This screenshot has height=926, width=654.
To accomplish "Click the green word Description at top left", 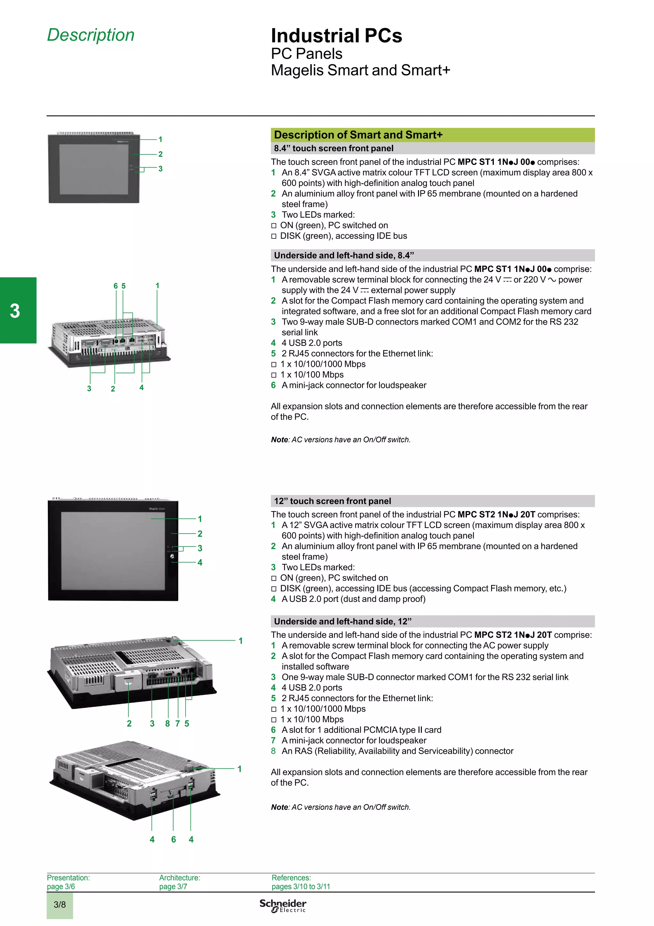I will click(91, 35).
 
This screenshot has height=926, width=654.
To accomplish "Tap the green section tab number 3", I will click(15, 311).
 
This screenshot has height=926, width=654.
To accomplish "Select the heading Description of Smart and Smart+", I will click(358, 135).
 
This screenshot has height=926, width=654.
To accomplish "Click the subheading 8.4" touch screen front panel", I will click(333, 148).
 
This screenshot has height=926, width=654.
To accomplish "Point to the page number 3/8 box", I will click(60, 904).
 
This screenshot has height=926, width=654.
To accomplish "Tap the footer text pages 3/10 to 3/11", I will click(300, 886).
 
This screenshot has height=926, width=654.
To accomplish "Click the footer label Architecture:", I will click(179, 878).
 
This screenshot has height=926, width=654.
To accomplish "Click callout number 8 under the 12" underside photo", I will click(167, 723).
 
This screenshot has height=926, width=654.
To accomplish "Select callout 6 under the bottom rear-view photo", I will click(173, 839).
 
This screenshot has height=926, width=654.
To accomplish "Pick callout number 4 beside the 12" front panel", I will click(200, 562).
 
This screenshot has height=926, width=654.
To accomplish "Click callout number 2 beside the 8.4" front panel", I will click(160, 154).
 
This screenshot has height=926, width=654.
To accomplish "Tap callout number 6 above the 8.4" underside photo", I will click(116, 286).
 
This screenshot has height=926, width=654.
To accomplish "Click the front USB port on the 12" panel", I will click(172, 557).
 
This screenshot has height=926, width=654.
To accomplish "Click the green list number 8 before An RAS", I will click(273, 751).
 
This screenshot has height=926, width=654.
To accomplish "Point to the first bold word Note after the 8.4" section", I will click(279, 440).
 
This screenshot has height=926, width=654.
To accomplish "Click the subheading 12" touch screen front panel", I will click(332, 501).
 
